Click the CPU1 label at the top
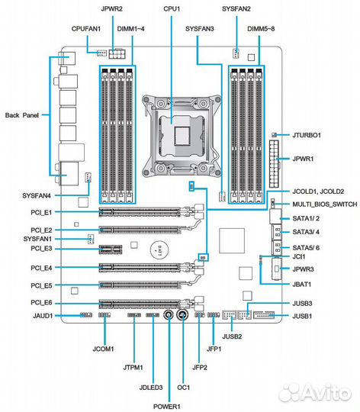171,8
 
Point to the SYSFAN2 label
236,8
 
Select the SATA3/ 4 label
307,232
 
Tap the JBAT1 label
305,285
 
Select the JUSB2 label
232,336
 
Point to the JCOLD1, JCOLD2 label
318,191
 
